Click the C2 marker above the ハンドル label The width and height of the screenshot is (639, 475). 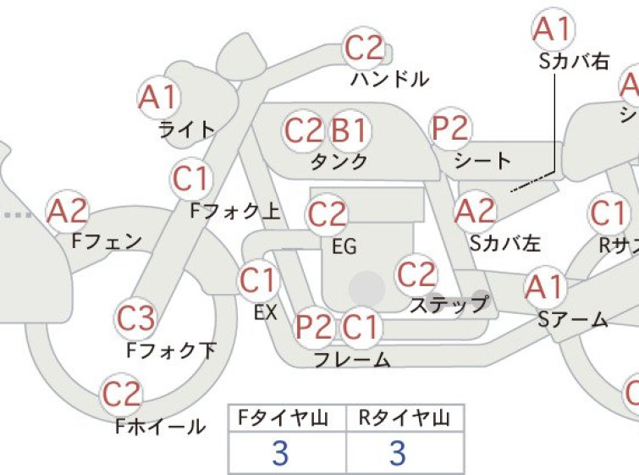[x=364, y=48]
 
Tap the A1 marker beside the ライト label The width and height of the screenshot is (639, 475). [x=158, y=97]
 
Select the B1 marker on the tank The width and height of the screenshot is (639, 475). [x=350, y=130]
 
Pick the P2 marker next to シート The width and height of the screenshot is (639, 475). [x=450, y=128]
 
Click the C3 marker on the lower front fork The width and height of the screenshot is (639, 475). [x=135, y=318]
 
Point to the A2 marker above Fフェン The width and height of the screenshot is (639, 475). [x=67, y=211]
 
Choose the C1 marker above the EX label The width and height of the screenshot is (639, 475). [x=258, y=280]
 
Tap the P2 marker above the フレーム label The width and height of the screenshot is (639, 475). [x=314, y=327]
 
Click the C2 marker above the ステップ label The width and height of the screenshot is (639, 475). [x=416, y=274]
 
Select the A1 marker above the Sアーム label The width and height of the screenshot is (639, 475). [x=545, y=287]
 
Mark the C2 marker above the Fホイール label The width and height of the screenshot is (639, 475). [x=121, y=395]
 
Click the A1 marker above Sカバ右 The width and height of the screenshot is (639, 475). [x=553, y=29]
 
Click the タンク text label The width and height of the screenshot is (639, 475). [x=339, y=162]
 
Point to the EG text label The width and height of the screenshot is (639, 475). [x=344, y=246]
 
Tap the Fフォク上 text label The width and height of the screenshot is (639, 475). [x=235, y=211]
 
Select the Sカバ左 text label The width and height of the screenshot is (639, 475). [x=505, y=243]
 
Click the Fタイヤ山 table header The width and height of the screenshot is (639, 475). [x=284, y=418]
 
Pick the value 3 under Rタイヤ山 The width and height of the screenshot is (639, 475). [x=398, y=453]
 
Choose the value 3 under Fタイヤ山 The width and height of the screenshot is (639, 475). [x=280, y=453]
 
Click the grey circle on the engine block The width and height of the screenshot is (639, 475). [x=367, y=289]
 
